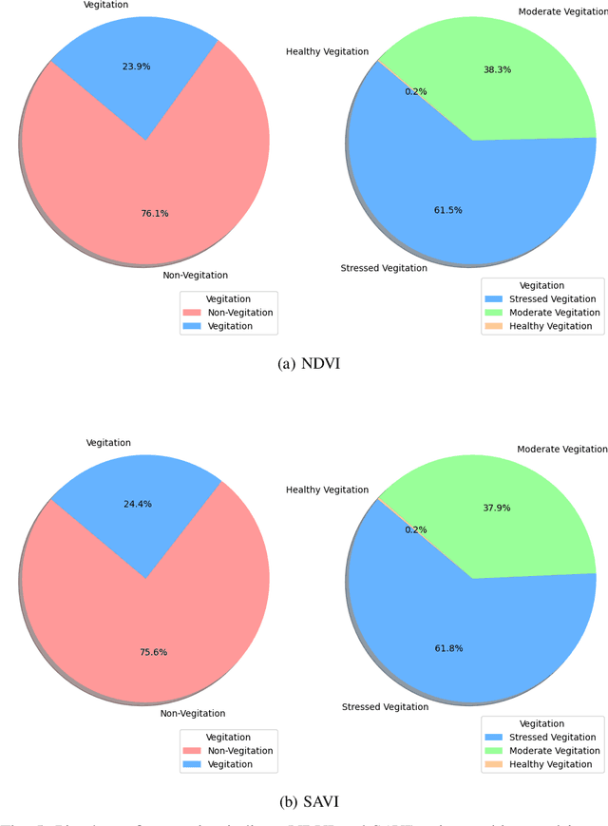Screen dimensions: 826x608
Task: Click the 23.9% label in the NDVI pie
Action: point(136,67)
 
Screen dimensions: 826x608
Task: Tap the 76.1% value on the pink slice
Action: point(154,214)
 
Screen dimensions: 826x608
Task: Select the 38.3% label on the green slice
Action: point(496,69)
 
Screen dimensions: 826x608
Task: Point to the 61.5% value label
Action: point(447,210)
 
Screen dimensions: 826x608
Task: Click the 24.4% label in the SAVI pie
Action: point(136,505)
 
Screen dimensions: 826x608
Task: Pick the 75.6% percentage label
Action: point(154,652)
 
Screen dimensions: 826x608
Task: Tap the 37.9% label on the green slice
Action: point(496,508)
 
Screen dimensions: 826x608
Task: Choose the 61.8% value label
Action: point(447,648)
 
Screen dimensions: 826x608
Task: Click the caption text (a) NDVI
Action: point(308,363)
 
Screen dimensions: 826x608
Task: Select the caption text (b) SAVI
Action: point(308,801)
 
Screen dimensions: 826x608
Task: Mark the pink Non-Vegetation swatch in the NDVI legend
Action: point(192,313)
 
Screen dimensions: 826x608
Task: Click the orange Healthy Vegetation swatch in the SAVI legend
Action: point(493,764)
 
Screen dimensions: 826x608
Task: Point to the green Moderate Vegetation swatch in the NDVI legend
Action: point(493,313)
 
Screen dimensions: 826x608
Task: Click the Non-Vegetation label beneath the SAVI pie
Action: point(193,714)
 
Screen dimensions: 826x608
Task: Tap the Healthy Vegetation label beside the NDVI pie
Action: point(328,51)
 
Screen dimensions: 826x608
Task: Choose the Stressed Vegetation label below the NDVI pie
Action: point(384,268)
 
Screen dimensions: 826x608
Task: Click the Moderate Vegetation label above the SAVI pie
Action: point(561,449)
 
